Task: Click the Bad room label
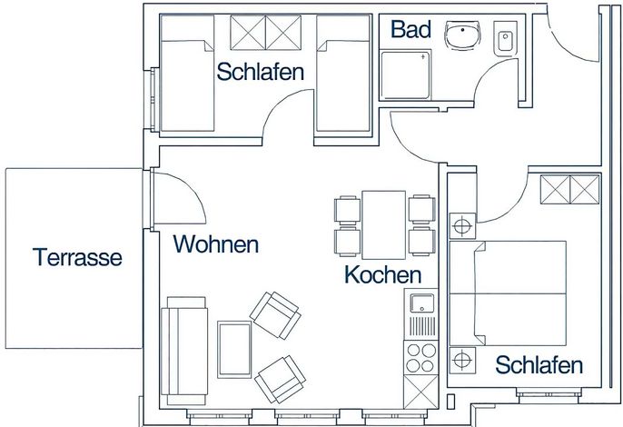pyautogui.click(x=410, y=29)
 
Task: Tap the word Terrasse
pyautogui.click(x=77, y=257)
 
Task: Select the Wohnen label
pyautogui.click(x=216, y=244)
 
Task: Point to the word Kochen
pyautogui.click(x=383, y=274)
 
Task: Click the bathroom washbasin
pyautogui.click(x=462, y=35)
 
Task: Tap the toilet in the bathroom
pyautogui.click(x=505, y=38)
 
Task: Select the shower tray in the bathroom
pyautogui.click(x=405, y=74)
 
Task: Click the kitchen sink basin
pyautogui.click(x=421, y=303)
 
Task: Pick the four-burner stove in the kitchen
pyautogui.click(x=421, y=357)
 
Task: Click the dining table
pyautogui.click(x=384, y=225)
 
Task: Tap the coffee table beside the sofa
pyautogui.click(x=234, y=350)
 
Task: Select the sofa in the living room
pyautogui.click(x=184, y=351)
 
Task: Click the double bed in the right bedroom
pyautogui.click(x=508, y=293)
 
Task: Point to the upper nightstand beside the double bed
pyautogui.click(x=462, y=226)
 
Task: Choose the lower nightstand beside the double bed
pyautogui.click(x=462, y=361)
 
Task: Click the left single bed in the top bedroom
pyautogui.click(x=187, y=74)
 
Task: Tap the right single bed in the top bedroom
pyautogui.click(x=343, y=74)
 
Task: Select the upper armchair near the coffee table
pyautogui.click(x=275, y=315)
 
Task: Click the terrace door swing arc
pyautogui.click(x=191, y=188)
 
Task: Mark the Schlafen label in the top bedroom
pyautogui.click(x=261, y=72)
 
